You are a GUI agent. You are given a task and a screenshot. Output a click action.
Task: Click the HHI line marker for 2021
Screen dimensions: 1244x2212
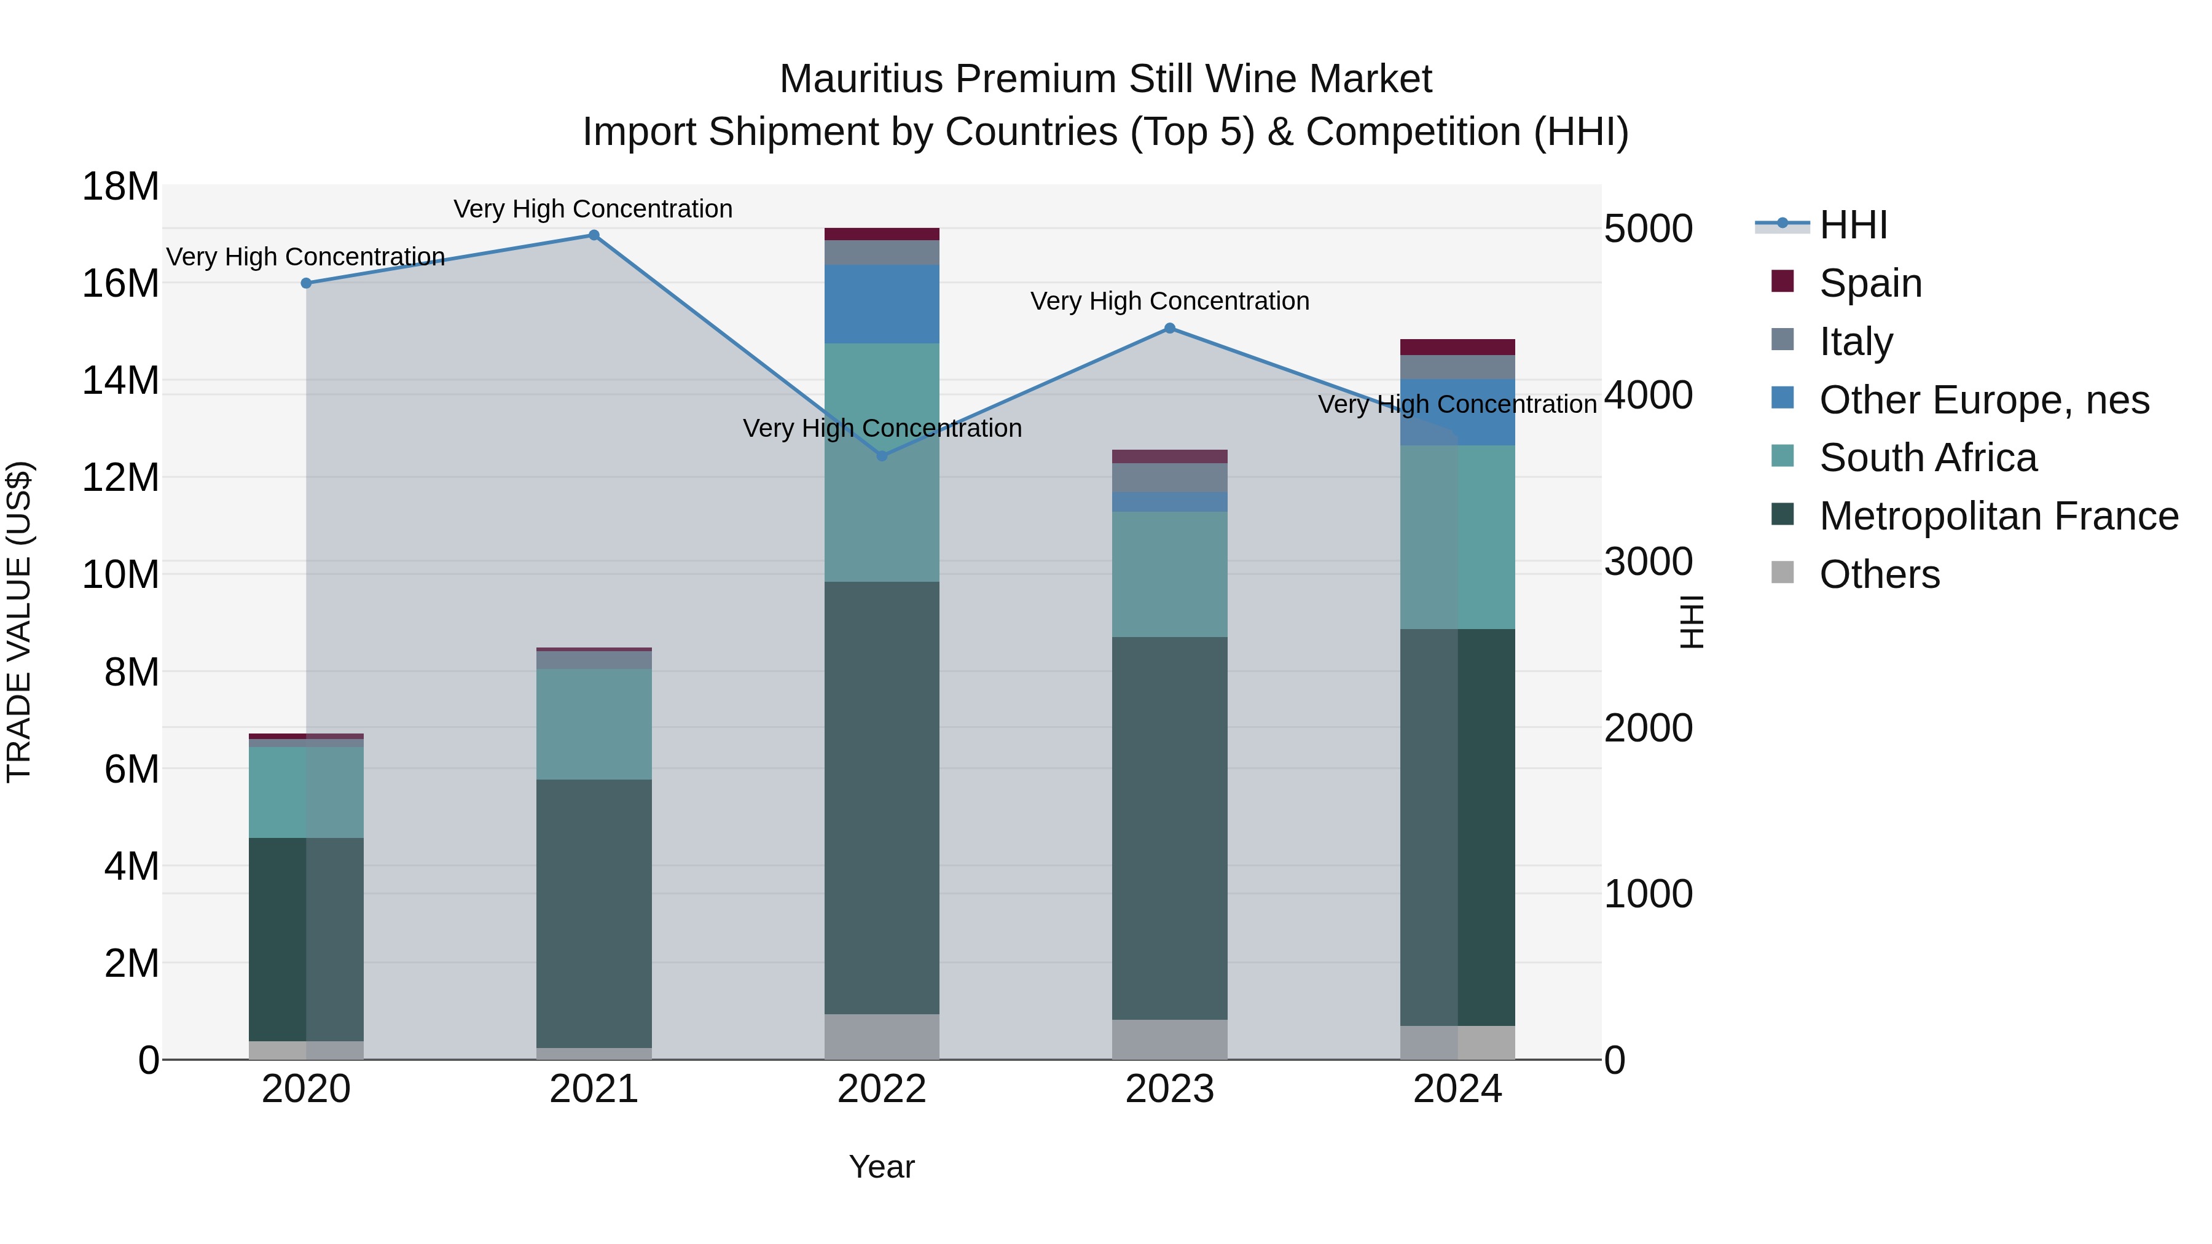(x=594, y=235)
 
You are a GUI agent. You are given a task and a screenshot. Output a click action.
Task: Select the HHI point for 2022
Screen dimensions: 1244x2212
(x=882, y=456)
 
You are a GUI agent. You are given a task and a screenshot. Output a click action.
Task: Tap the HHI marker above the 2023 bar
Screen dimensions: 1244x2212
(x=1169, y=328)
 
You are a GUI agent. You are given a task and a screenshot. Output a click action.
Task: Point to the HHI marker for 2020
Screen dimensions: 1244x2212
(x=307, y=283)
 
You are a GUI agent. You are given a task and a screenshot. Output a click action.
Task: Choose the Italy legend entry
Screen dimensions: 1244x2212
(x=1855, y=342)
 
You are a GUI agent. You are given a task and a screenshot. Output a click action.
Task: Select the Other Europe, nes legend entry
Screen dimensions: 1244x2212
(x=1983, y=400)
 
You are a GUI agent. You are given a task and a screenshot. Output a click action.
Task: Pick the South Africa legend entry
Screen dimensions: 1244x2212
(x=1927, y=458)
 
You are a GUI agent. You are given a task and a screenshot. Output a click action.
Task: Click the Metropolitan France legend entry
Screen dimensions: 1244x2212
(x=1998, y=516)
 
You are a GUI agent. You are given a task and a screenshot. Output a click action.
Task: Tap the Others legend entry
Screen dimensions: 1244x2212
(x=1879, y=574)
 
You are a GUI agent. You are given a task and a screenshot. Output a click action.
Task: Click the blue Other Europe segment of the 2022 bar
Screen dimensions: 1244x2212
(x=882, y=304)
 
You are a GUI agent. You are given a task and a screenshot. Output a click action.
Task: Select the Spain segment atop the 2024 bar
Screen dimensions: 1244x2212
(x=1457, y=347)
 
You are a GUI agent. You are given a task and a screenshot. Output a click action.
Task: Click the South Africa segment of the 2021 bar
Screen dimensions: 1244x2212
(x=594, y=724)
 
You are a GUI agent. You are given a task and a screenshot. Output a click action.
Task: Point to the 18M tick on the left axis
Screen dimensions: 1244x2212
(x=120, y=186)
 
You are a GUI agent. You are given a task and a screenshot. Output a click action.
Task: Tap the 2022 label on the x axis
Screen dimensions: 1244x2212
(x=882, y=1089)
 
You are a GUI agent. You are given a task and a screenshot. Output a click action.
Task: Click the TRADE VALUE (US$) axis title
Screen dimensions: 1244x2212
(x=19, y=622)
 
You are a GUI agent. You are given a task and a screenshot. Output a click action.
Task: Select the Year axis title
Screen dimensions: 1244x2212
(x=882, y=1167)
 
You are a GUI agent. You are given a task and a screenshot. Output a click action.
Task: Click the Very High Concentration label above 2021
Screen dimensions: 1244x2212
(x=594, y=209)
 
